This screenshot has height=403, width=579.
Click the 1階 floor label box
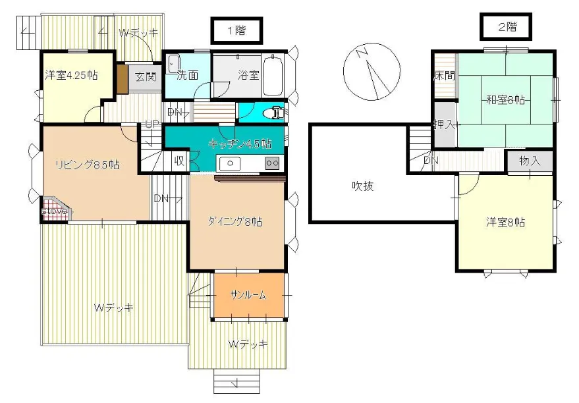point(236,30)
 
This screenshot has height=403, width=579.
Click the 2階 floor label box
point(505,27)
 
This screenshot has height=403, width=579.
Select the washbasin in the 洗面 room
point(174,64)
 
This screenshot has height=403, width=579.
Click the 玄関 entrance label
point(146,76)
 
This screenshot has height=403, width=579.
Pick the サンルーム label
point(248,296)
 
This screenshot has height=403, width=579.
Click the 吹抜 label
point(362,186)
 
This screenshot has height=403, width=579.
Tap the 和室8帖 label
point(505,100)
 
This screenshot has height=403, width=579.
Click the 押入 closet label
point(443,124)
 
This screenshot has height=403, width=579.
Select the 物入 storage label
point(529,160)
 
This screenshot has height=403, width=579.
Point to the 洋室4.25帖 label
point(71,75)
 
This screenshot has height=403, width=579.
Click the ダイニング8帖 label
point(236,222)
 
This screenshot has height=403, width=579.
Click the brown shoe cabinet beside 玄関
point(123,78)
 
